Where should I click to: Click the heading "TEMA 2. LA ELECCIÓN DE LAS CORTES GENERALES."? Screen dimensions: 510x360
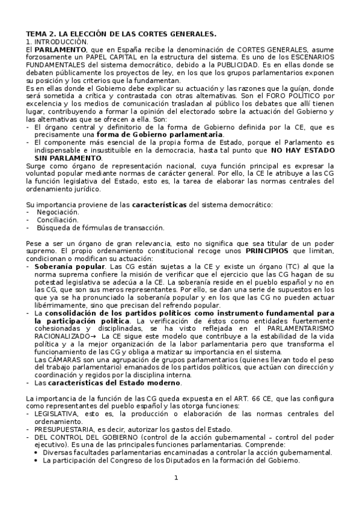click(121, 34)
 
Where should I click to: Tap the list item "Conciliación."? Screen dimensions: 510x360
click(58, 220)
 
